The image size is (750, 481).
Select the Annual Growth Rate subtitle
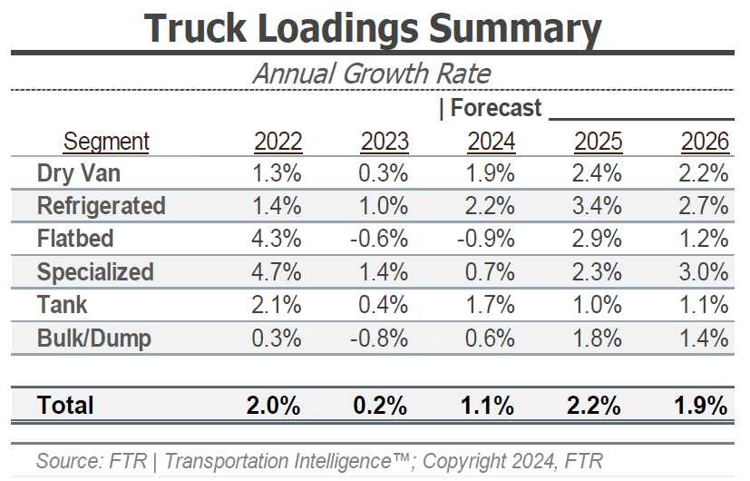[371, 74]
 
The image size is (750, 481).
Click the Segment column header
[106, 142]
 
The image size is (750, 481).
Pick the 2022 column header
[278, 142]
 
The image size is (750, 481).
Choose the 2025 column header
[598, 142]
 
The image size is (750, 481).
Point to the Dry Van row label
[79, 172]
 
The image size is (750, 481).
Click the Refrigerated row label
[101, 206]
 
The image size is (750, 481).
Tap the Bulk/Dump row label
[93, 339]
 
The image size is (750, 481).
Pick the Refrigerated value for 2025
[598, 206]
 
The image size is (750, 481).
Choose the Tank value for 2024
[491, 306]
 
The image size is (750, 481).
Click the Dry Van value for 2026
[704, 172]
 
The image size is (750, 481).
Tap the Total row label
[65, 405]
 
